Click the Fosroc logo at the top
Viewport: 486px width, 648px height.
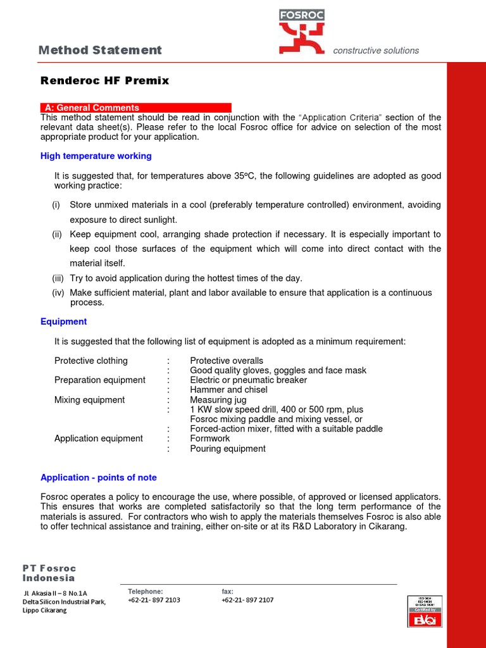(x=302, y=32)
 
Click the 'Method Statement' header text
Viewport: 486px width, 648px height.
(x=100, y=50)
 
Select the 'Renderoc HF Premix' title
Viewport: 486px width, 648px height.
(x=104, y=80)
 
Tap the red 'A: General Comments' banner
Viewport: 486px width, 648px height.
(x=135, y=108)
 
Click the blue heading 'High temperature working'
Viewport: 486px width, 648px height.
(x=96, y=156)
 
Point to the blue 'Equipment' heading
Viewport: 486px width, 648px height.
(x=63, y=321)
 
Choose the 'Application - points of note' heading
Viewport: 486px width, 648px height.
(x=99, y=477)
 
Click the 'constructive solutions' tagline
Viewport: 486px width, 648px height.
(x=376, y=51)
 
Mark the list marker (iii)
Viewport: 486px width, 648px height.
(x=59, y=278)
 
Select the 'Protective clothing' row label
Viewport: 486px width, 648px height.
(x=91, y=361)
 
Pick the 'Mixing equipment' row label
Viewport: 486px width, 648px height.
(x=90, y=400)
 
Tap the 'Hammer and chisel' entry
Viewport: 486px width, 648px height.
(x=228, y=390)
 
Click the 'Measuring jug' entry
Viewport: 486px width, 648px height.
(x=218, y=400)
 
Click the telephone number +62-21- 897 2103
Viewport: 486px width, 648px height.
(x=154, y=600)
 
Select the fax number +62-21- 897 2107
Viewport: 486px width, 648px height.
(x=247, y=600)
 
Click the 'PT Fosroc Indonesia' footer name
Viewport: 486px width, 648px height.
(x=49, y=573)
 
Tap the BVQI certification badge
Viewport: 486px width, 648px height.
(x=424, y=611)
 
